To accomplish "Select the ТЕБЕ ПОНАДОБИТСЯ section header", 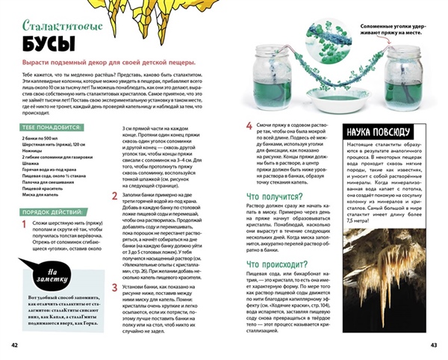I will tap(49, 128).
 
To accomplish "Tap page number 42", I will tap(14, 345).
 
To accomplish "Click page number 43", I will tap(433, 345).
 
